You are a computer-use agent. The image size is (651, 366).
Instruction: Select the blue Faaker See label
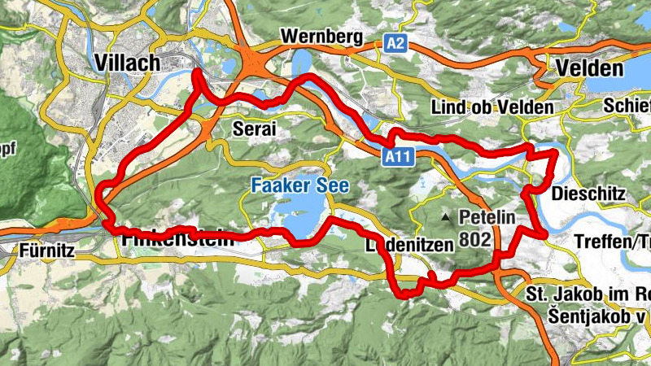click(x=299, y=186)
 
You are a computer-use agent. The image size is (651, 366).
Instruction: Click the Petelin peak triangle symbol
click(x=445, y=218)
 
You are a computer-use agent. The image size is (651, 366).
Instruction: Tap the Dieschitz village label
click(x=587, y=194)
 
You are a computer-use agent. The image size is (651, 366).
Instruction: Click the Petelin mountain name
click(x=487, y=218)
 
